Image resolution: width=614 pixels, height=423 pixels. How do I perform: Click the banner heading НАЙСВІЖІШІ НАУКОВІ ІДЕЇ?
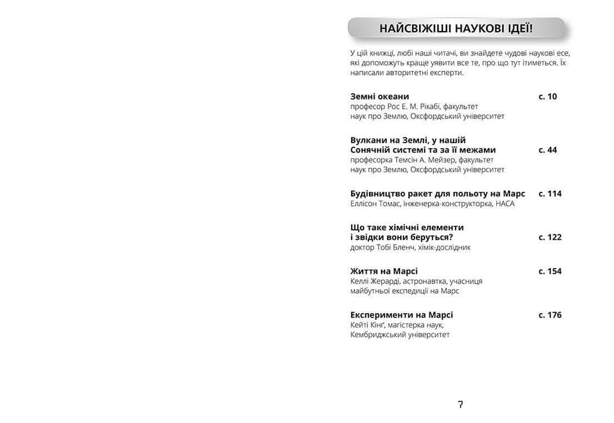point(456,28)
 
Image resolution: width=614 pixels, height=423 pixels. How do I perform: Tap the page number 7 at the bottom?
point(461,404)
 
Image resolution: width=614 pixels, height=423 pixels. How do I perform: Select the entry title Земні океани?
point(380,96)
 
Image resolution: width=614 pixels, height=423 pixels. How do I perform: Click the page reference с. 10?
point(547,96)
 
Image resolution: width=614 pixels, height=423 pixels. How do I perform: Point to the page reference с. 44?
point(547,150)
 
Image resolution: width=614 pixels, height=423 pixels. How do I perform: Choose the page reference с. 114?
point(550,193)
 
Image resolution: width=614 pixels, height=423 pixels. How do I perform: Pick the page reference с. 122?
point(550,237)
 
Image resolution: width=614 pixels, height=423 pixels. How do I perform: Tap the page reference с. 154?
point(550,271)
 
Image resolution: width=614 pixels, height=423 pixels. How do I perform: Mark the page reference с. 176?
point(550,315)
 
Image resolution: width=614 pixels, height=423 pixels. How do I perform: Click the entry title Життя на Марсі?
point(384,271)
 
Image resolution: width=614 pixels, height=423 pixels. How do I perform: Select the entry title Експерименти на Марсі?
point(401,315)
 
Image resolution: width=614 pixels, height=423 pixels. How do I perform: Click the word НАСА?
point(505,204)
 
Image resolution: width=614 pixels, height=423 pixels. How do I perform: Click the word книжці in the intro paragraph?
point(382,53)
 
